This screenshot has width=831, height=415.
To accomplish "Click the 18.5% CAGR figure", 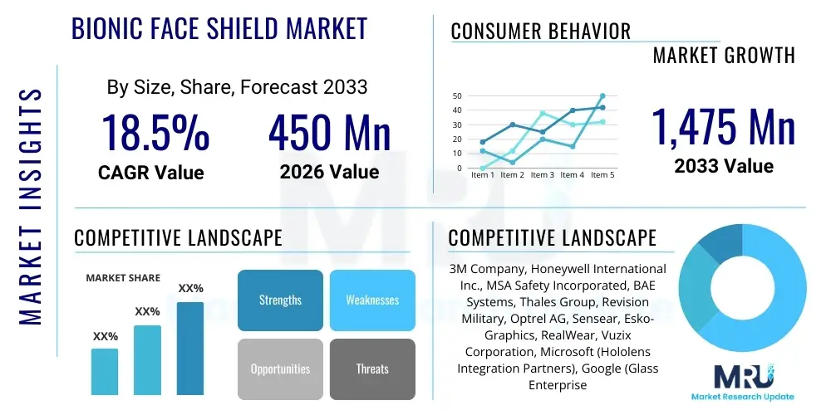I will click(155, 133).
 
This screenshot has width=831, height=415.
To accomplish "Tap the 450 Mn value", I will click(329, 133).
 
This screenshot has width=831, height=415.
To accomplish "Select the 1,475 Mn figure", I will click(723, 127).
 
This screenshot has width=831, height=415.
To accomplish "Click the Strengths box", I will click(280, 300).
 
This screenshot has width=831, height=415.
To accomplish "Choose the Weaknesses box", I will click(372, 300).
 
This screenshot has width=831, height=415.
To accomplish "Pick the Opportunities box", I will click(280, 369).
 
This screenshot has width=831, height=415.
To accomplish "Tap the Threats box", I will click(372, 369).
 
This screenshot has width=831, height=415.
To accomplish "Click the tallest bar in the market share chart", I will click(190, 348).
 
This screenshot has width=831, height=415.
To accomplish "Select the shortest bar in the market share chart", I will click(105, 371).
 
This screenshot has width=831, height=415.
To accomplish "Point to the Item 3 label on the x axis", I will click(542, 175).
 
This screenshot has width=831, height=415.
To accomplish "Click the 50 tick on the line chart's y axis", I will click(456, 96).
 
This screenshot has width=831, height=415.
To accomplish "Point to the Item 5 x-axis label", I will click(602, 175).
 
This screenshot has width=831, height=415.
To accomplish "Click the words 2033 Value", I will click(723, 166).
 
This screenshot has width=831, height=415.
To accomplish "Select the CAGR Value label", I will click(150, 173).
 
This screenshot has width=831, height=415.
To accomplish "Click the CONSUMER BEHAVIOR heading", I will click(541, 32).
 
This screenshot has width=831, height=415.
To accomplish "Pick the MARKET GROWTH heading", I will click(724, 56).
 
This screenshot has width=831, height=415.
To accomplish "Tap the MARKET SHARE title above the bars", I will click(123, 278).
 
